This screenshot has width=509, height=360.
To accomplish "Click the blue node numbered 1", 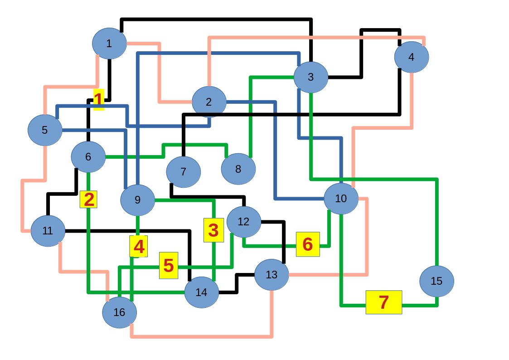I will (109, 44).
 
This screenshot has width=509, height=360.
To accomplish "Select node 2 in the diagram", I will (209, 102).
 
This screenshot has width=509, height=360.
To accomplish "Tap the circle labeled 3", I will (311, 77).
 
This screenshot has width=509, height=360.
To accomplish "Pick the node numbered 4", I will (412, 57).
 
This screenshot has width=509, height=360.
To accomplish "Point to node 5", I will (45, 130).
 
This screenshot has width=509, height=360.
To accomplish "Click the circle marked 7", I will (184, 172).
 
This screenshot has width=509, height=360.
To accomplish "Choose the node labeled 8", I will (238, 169).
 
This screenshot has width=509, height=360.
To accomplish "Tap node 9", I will (138, 200).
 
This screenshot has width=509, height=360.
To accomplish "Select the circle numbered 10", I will (341, 199).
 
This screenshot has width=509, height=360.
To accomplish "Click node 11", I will (48, 231).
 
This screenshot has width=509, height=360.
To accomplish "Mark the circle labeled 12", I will (244, 222).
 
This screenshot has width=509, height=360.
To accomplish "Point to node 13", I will (271, 274).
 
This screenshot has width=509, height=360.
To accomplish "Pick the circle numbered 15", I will (436, 281).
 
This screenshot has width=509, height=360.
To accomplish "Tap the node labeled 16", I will (120, 312).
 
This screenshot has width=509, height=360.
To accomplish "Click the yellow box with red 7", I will (384, 302).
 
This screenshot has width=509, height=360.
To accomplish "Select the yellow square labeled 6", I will (308, 244).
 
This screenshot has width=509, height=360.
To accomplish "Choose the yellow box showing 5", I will (169, 266).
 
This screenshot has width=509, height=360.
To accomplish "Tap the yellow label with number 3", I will (213, 230).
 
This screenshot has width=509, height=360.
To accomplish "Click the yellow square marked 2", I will (89, 199).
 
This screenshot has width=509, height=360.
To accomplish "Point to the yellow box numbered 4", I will (139, 247).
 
